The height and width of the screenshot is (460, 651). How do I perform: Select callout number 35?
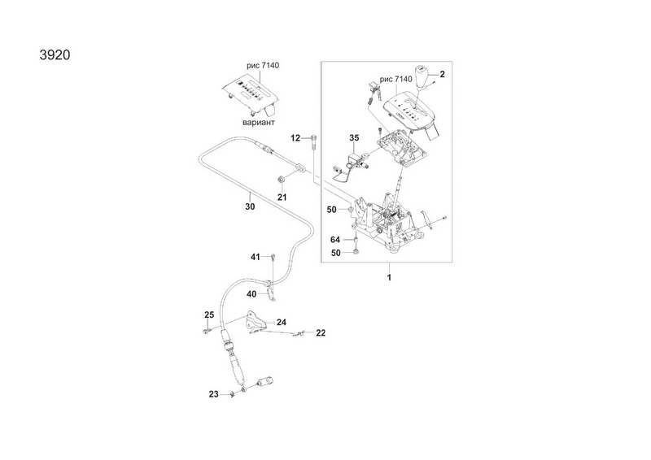point(355,138)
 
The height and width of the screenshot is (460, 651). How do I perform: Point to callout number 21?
point(282,197)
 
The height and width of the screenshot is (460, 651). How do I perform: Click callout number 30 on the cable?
point(250,206)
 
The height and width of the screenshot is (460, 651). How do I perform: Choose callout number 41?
point(255,257)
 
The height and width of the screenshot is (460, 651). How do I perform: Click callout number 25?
point(208,315)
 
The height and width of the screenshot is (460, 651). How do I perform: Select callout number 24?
point(282,323)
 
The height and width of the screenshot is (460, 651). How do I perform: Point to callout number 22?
point(321,332)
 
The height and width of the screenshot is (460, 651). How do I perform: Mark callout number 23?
point(213,394)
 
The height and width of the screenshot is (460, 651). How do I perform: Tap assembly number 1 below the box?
point(389,278)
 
